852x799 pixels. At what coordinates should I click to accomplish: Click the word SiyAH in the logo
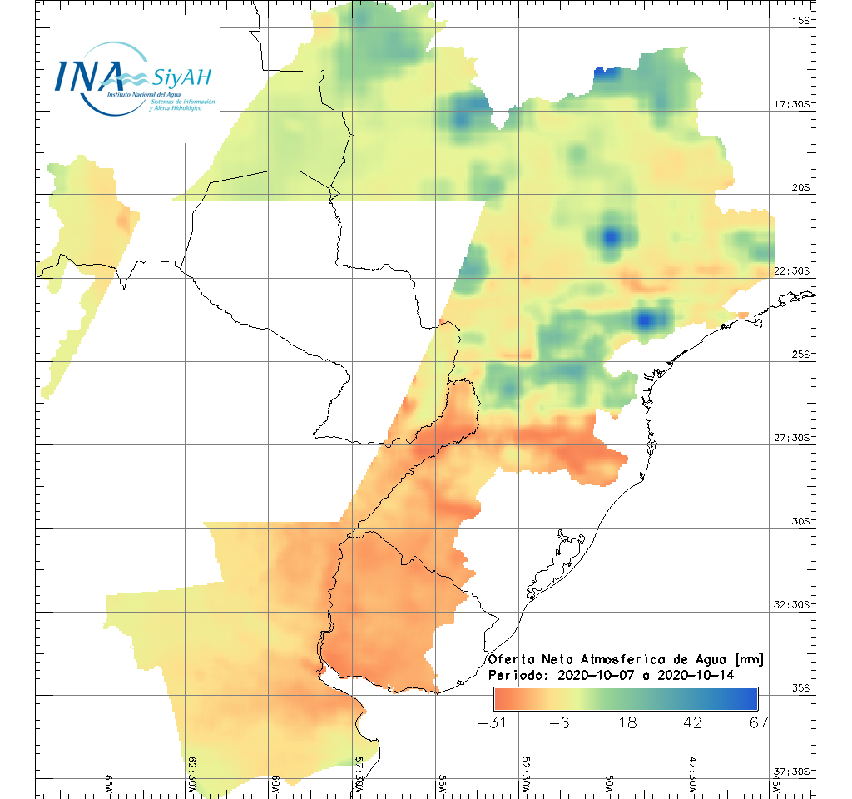[181, 78]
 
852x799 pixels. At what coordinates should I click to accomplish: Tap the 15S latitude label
[801, 20]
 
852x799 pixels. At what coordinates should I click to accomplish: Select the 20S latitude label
[801, 187]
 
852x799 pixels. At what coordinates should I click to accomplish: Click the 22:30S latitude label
[792, 270]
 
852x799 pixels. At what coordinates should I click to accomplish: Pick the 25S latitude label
[801, 354]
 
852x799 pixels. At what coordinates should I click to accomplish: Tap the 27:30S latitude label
[792, 438]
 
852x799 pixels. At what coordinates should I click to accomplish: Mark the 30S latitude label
[801, 521]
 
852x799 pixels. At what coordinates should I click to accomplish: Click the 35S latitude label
[801, 687]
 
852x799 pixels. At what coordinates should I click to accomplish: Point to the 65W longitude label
[109, 785]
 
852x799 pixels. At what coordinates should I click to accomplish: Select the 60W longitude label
[275, 785]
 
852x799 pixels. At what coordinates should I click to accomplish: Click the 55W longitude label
[443, 785]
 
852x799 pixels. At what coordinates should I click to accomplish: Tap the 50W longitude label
[609, 785]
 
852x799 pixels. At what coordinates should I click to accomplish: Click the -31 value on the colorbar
[494, 722]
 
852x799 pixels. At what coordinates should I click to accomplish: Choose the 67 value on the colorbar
[758, 722]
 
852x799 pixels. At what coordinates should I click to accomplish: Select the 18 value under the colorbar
[627, 722]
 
